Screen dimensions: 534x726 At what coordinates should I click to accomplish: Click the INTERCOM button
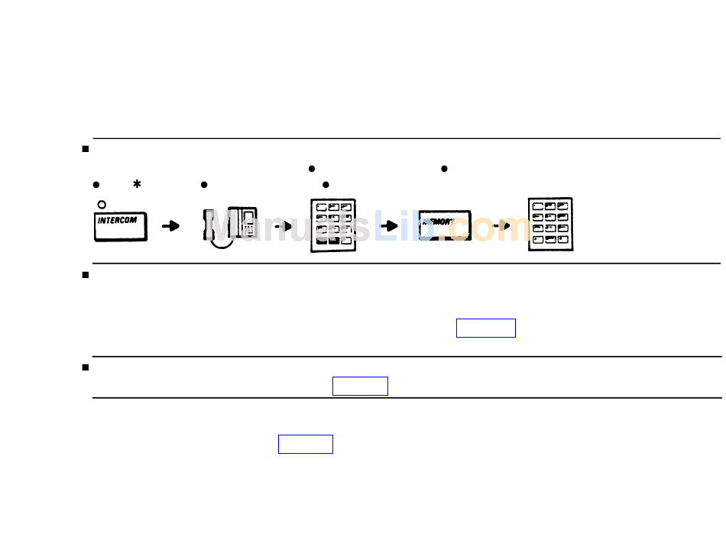click(x=121, y=227)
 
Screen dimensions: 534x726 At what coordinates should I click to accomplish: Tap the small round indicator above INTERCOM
click(x=102, y=205)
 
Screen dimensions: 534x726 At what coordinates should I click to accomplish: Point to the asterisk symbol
click(x=137, y=185)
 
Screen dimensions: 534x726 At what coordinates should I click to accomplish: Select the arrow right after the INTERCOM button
click(x=171, y=225)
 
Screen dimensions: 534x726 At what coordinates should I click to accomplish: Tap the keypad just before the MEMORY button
click(x=333, y=225)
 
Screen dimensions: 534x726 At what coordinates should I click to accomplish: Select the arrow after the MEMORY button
click(x=501, y=225)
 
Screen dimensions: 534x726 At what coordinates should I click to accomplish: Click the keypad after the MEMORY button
click(x=550, y=225)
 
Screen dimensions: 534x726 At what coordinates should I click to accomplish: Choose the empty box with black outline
click(x=360, y=386)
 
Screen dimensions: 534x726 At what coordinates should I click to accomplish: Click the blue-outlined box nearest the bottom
click(x=306, y=444)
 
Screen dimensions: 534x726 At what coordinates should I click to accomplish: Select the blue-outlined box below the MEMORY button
click(x=486, y=328)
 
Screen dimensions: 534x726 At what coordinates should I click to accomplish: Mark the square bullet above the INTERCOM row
click(x=86, y=148)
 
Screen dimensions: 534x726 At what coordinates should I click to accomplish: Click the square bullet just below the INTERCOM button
click(x=86, y=274)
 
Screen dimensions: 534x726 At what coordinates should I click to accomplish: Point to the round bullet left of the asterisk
click(x=96, y=185)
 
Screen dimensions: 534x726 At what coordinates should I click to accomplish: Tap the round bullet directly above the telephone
click(x=204, y=185)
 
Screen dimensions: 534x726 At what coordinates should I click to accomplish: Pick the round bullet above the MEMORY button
click(x=443, y=168)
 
